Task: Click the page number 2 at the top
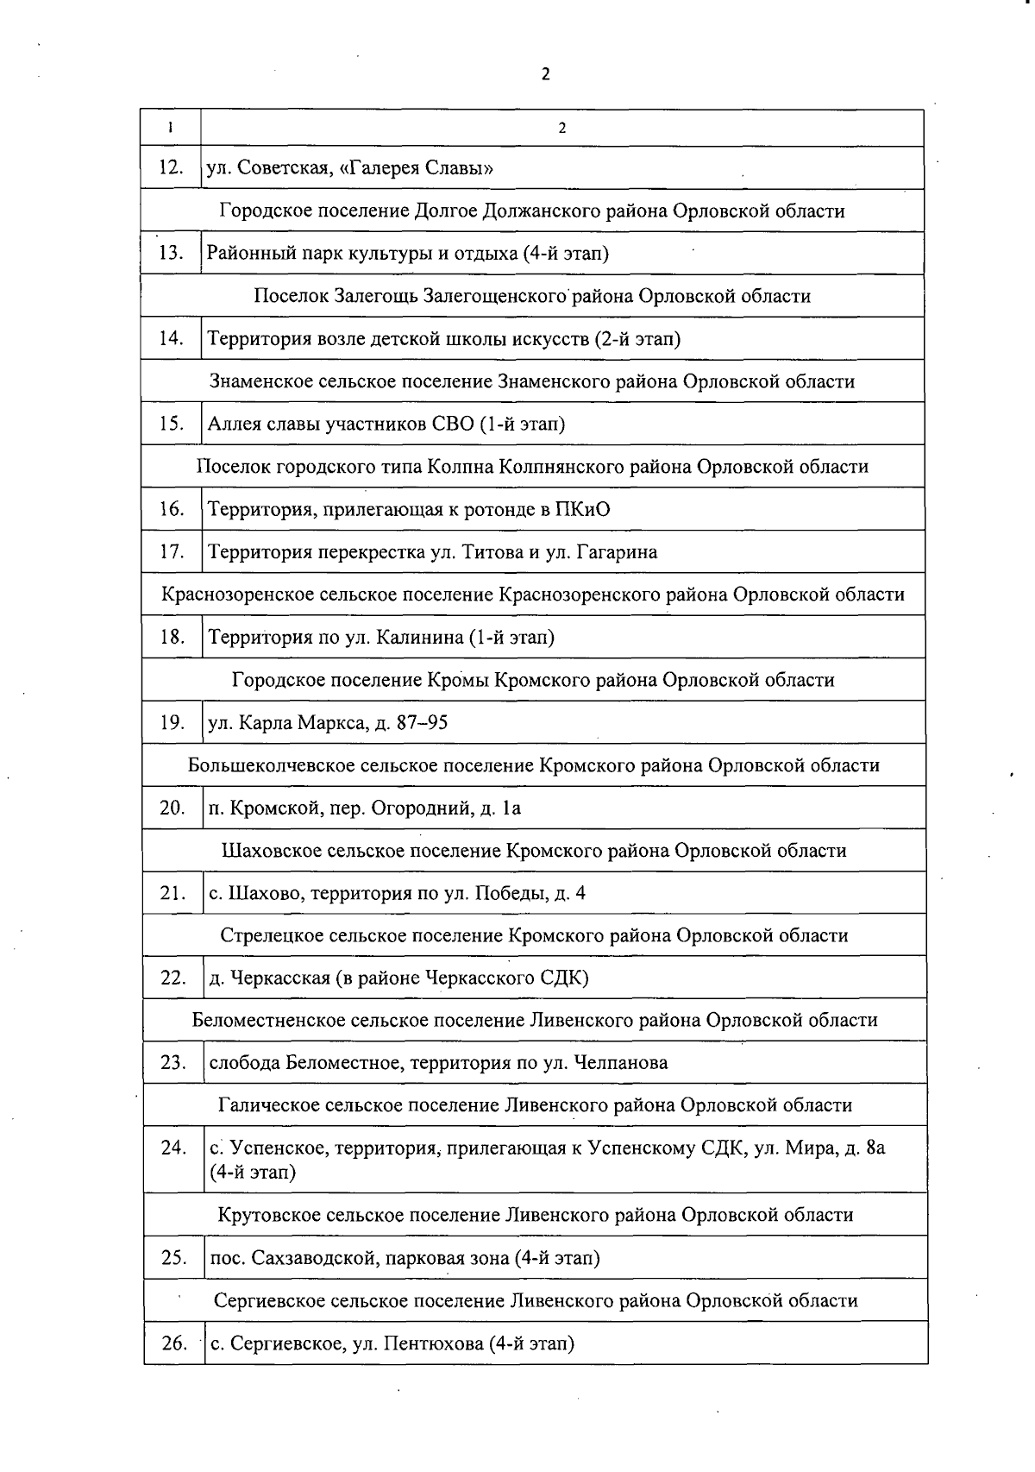coord(545,74)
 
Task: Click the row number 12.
coord(171,167)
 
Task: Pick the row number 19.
coord(172,723)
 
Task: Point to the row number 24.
coord(173,1148)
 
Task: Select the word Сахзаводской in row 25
coord(311,1258)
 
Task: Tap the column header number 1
coord(171,128)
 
